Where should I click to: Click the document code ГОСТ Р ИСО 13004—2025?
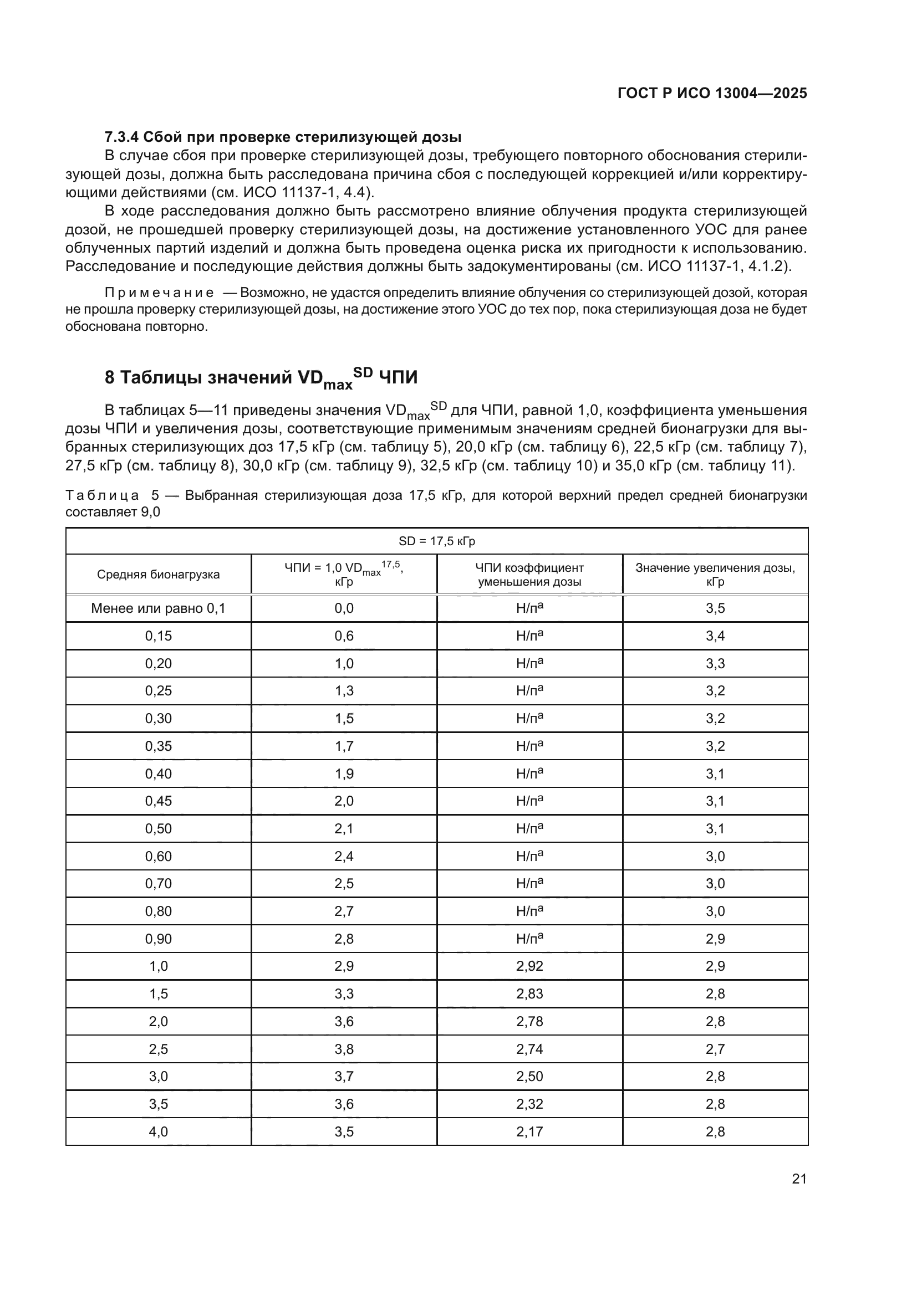[712, 93]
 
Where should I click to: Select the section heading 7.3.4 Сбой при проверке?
[283, 137]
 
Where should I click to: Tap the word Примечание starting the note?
[159, 293]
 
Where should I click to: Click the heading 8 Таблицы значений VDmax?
[261, 378]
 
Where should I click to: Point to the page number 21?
[799, 1179]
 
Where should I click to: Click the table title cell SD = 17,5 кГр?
[436, 541]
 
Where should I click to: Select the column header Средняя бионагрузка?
[158, 575]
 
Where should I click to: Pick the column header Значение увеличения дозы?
[715, 575]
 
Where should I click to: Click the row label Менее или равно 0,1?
[158, 608]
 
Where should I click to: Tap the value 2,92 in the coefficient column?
[529, 966]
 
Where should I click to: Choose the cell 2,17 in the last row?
[529, 1131]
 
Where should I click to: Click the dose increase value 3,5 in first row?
[715, 608]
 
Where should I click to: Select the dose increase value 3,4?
[715, 636]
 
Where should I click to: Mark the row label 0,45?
[158, 801]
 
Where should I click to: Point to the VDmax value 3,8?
[344, 1049]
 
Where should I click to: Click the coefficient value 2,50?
[529, 1076]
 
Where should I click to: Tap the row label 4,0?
[158, 1131]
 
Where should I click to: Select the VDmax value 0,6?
[344, 636]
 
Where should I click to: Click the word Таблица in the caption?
[102, 495]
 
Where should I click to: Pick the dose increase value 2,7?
[715, 1049]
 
